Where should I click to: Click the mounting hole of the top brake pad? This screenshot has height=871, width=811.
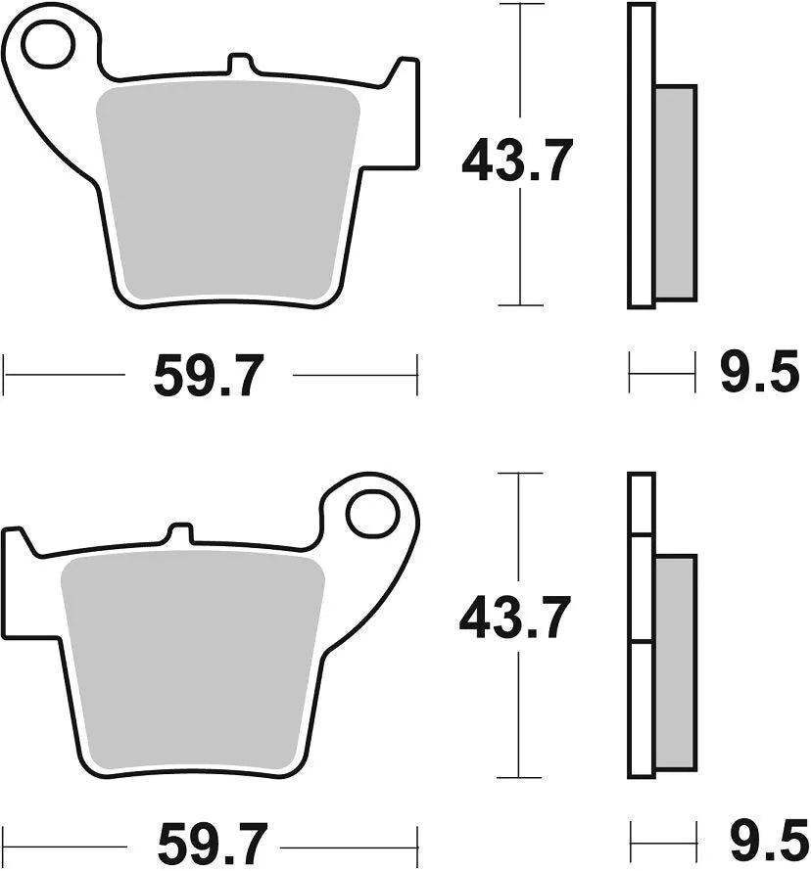tap(49, 46)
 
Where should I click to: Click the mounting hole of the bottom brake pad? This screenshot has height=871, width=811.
tap(371, 515)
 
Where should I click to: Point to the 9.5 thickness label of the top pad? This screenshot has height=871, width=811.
tap(759, 374)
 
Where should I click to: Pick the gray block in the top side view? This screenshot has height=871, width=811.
tap(675, 192)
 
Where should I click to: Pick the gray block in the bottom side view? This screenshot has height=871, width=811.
tap(675, 662)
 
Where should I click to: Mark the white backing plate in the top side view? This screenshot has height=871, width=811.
tap(641, 157)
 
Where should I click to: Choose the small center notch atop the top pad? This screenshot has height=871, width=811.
tap(238, 64)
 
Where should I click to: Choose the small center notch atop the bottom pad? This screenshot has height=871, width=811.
tap(179, 533)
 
